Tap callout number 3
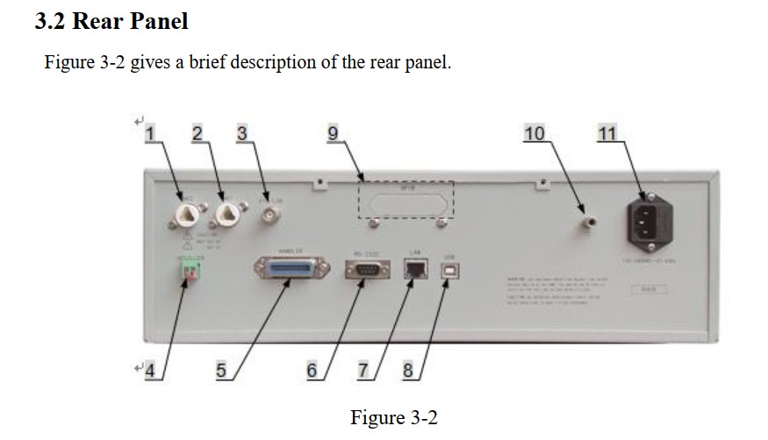pos(242,133)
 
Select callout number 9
pos(333,133)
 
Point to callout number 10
pos(534,133)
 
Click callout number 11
pos(607,133)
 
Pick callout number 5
pos(221,371)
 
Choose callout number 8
pos(407,371)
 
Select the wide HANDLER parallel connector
pos(291,269)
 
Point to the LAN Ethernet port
pos(414,269)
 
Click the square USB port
pos(448,273)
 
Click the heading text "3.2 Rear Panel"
pos(111,21)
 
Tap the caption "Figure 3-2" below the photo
pos(393,417)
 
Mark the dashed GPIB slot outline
pos(406,200)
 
